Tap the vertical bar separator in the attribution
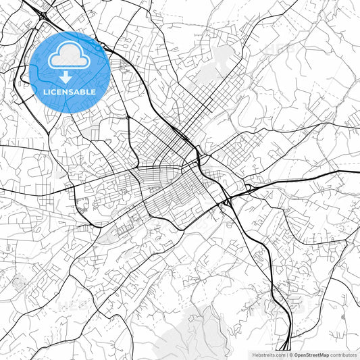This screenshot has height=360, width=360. point(286,354)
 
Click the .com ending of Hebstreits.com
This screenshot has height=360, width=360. point(279,354)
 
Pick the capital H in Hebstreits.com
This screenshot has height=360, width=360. point(254,354)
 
